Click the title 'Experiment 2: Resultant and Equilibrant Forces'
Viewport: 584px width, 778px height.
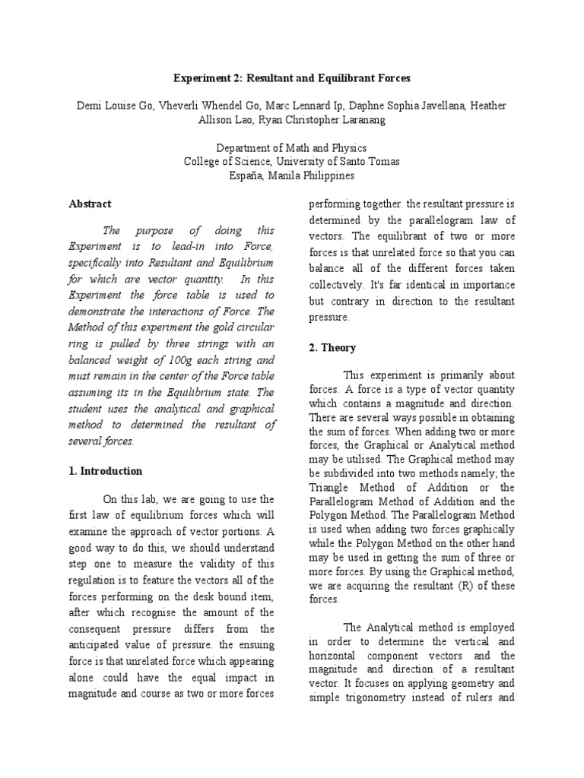pyautogui.click(x=291, y=79)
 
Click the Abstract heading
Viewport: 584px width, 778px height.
pyautogui.click(x=90, y=204)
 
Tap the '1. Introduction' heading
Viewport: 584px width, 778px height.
pyautogui.click(x=105, y=471)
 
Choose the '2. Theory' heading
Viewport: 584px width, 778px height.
pyautogui.click(x=333, y=347)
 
